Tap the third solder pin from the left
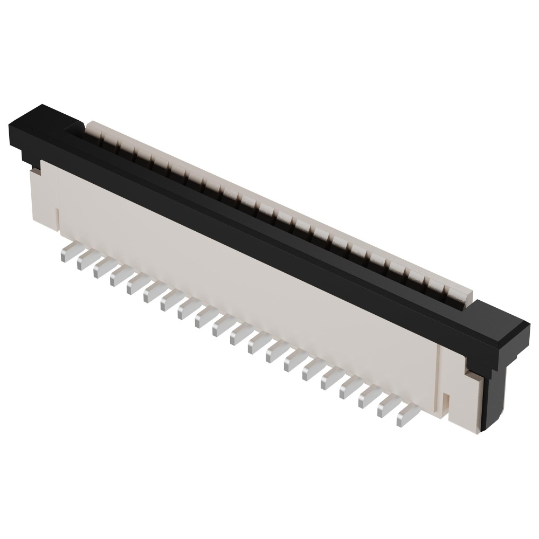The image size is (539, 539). point(101,268)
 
